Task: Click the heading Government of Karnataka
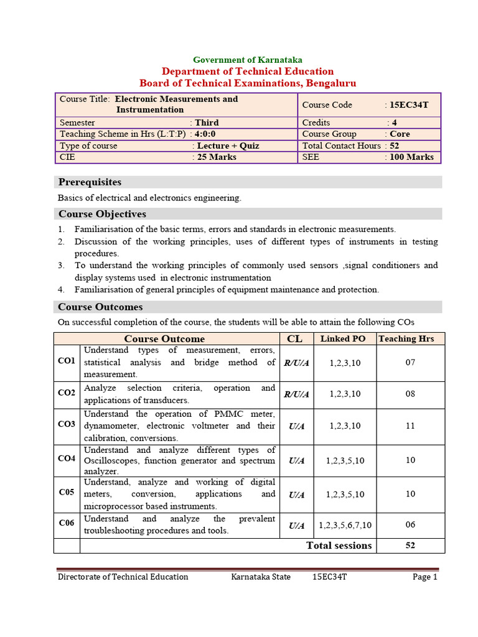coord(248,60)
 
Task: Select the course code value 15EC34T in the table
coord(408,105)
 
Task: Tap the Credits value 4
coord(394,123)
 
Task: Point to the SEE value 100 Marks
coord(411,157)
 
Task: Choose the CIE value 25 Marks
coord(217,157)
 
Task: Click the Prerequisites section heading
coord(90,182)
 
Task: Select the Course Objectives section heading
coord(102,214)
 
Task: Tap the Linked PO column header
coord(343,338)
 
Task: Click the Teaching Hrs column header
coord(410,338)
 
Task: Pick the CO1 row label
coord(67,361)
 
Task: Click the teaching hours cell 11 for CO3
coord(410,426)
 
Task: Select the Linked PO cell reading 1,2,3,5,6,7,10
coord(345,525)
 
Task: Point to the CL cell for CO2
coord(296,394)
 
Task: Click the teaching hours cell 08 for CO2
coord(410,394)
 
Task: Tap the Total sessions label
coord(339,546)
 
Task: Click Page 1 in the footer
coord(425,577)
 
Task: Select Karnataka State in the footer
coord(261,577)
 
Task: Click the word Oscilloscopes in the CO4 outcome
coord(113,461)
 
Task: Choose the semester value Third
coord(207,123)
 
